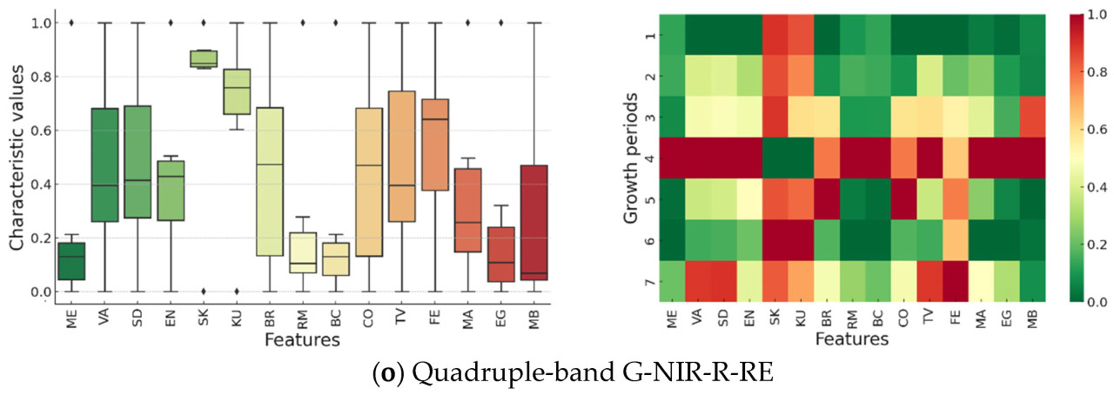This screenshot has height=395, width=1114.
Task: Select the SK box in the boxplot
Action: [204, 58]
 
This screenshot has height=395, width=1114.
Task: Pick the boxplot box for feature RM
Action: [303, 252]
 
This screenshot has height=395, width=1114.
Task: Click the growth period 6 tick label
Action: [648, 241]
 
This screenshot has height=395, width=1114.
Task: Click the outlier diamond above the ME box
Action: [71, 23]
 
